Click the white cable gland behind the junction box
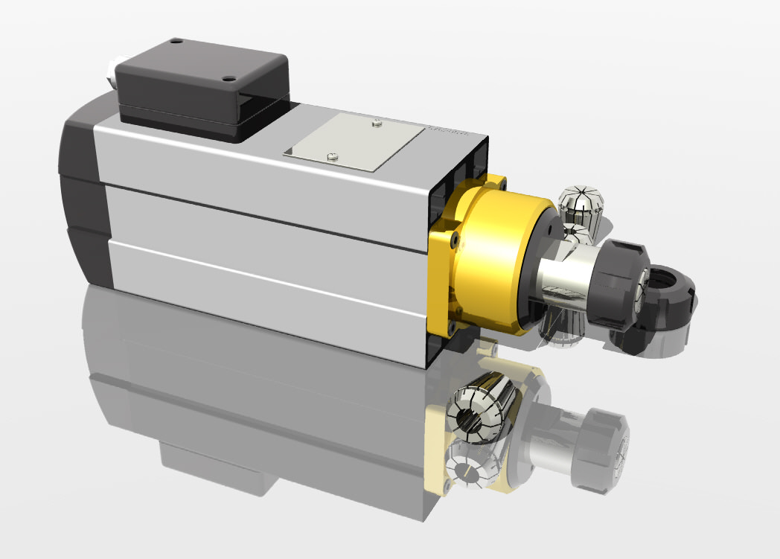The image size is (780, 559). [x=112, y=71]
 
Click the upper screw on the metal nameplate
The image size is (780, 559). [x=377, y=123]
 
